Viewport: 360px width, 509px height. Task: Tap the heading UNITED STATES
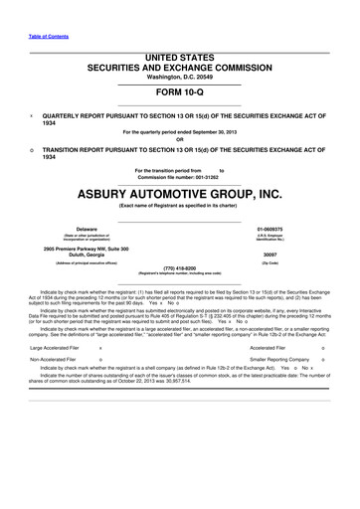coord(179,59)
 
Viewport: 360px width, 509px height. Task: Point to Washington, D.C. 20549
coord(179,78)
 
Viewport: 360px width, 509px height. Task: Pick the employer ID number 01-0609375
coord(272,227)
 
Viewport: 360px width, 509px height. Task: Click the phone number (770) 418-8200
coord(179,266)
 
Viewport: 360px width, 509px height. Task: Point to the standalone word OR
coord(179,138)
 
